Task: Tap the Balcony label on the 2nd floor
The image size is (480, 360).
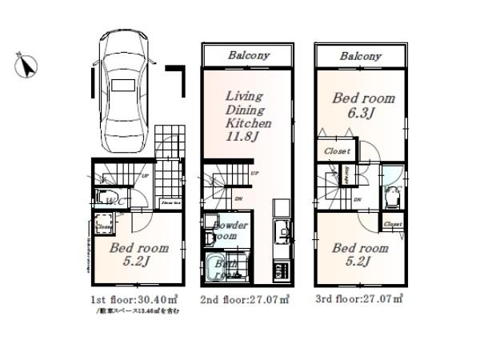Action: coord(248,56)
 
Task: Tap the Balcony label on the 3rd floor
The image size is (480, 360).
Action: coord(360,56)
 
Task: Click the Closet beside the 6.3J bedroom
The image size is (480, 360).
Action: coord(337,151)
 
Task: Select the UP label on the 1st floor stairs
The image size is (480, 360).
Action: coord(145,177)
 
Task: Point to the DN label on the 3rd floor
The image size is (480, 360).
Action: coord(356,200)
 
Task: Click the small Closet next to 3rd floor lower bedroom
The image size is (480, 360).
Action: coord(392,225)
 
